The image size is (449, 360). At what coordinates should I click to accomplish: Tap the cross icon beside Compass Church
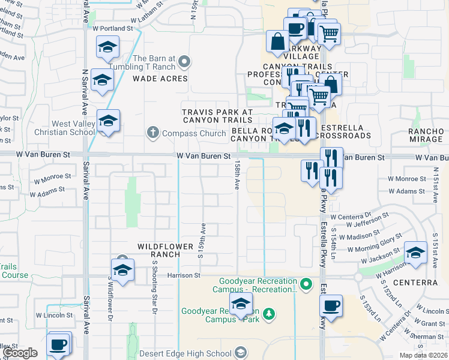153,133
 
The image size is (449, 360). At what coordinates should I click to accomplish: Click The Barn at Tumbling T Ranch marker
185,61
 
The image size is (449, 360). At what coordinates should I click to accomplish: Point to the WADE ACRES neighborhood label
160,79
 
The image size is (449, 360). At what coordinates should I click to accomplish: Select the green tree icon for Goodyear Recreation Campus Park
270,313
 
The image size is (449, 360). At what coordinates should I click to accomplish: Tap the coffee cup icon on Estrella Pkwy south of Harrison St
331,305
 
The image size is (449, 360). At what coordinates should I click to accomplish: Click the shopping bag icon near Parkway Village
278,41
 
